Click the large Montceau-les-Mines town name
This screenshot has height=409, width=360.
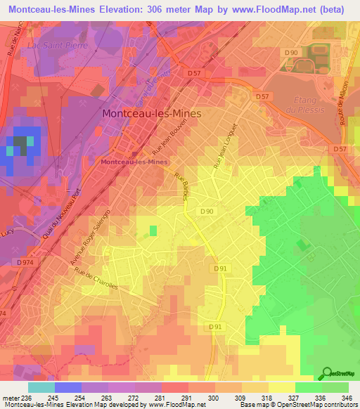151,113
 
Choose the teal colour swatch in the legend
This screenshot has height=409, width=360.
41,387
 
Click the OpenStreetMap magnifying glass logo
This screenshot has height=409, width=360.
328,372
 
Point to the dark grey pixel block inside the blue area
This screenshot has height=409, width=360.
22,145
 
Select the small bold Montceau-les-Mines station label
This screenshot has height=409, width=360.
134,162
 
